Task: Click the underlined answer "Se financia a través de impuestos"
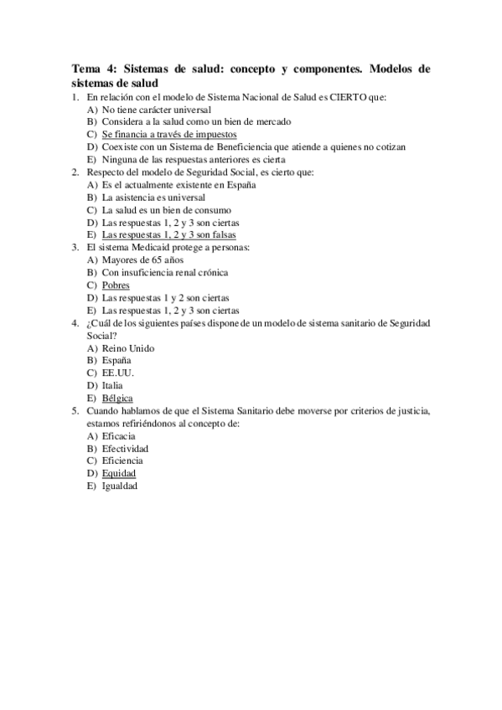tap(169, 134)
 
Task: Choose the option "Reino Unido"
tap(128, 347)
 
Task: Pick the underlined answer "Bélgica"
tap(117, 398)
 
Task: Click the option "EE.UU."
tap(117, 373)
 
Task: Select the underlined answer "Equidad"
tap(119, 473)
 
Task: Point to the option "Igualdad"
tap(121, 486)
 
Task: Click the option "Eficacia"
tap(119, 435)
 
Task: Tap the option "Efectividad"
tap(126, 448)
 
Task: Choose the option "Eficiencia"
tap(122, 460)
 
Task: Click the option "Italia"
tap(113, 385)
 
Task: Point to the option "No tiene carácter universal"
tap(157, 110)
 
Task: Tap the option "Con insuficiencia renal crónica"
tap(165, 272)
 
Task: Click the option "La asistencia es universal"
tap(153, 198)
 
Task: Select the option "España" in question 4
tap(116, 360)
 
